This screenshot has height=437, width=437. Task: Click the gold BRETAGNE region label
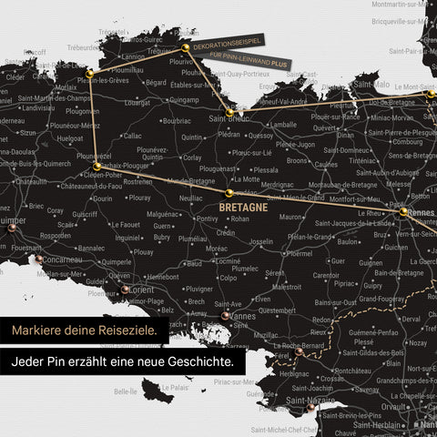point(244,207)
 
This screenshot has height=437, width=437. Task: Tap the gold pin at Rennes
point(402,212)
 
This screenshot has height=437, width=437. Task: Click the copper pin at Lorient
point(126,290)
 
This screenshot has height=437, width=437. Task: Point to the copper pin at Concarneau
point(40,259)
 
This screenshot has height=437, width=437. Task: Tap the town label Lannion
point(135,56)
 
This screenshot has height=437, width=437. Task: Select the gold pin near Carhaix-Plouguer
point(97,167)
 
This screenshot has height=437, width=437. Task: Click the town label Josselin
point(261,242)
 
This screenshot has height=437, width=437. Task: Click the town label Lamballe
point(282,125)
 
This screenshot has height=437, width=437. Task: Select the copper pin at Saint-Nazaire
point(311,410)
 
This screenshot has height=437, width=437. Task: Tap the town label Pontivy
point(208,218)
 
